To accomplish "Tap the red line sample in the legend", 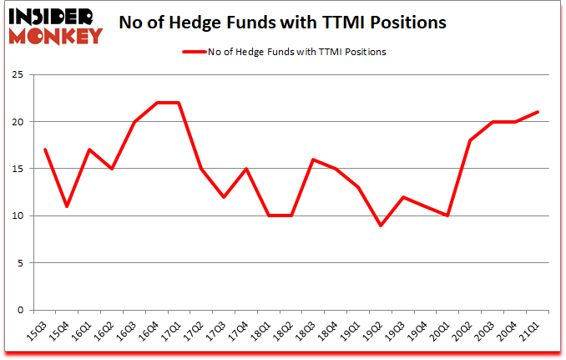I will coord(197,52).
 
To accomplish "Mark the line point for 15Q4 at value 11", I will coord(67,206).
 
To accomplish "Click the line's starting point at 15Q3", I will coord(45,150).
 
